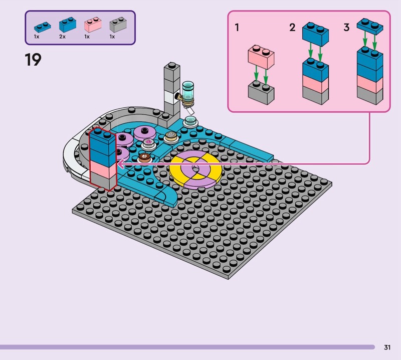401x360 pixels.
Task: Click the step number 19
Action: click(x=33, y=60)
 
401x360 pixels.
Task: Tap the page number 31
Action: click(x=387, y=347)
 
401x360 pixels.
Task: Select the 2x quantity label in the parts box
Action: click(x=62, y=37)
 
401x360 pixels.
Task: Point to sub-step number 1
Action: click(x=237, y=28)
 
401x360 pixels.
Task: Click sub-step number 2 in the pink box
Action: click(x=292, y=28)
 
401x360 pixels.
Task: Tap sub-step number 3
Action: click(x=346, y=28)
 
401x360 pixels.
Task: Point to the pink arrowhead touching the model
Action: click(x=120, y=164)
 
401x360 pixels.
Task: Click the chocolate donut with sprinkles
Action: click(x=145, y=157)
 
